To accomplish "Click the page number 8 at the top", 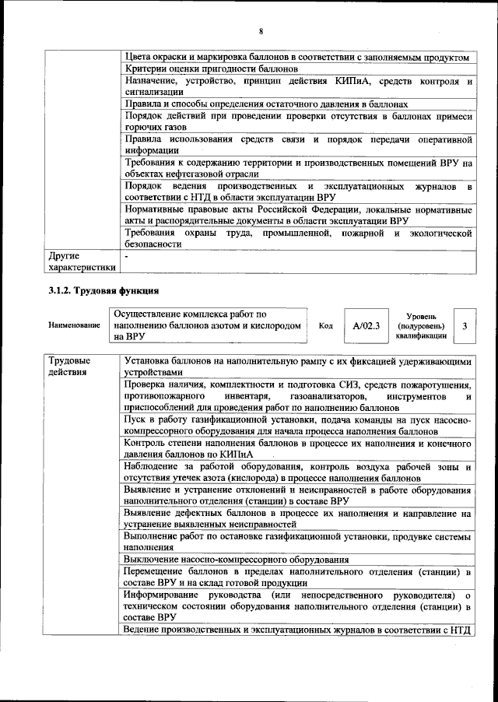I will [x=261, y=31].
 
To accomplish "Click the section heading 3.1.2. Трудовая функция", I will [x=100, y=291].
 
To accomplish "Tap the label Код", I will [x=325, y=326].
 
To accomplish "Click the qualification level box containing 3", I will [x=465, y=326].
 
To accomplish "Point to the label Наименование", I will [x=73, y=326].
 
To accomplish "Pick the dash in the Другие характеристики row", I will [x=126, y=255].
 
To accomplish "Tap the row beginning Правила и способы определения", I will [x=265, y=104].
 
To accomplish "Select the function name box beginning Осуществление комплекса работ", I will [x=208, y=326].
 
